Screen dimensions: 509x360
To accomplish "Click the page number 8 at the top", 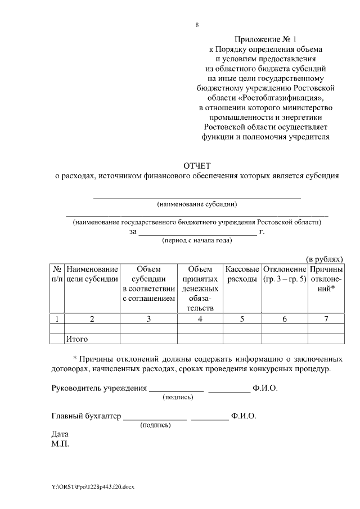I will pos(197,24).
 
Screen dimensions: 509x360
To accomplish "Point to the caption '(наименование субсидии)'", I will pos(197,204).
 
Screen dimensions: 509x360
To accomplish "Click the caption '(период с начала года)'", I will pos(196,240).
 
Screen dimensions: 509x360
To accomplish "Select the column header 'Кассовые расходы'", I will pos(242,274).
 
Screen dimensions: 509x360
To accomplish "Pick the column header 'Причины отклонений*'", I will pos(326,279).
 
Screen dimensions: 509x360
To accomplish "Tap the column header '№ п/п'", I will pos(57,274).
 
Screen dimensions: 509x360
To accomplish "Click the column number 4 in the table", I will pos(200,319).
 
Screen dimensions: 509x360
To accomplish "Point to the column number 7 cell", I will pos(326,319).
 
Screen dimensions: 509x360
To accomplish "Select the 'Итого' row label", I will pos(77,339).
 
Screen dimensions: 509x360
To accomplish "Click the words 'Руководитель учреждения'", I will pos(98,388).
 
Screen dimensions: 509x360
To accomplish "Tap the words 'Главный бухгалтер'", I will pos(86,416).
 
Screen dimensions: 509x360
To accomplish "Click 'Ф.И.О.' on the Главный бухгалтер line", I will pos(243,416).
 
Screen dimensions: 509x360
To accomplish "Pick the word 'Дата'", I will pos(59,434).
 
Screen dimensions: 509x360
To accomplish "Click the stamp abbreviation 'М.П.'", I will pos(60,443).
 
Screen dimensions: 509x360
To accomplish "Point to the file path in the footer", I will pos(93,485).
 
